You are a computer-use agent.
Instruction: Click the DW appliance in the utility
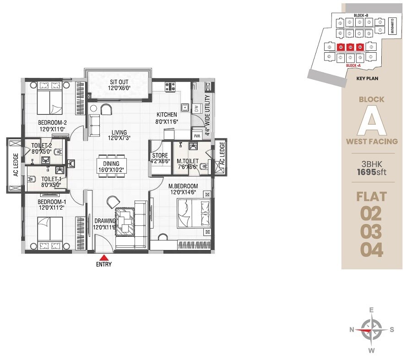[x=196, y=108]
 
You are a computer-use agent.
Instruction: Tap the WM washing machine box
[x=197, y=136]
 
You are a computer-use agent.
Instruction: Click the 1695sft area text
[x=372, y=173]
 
